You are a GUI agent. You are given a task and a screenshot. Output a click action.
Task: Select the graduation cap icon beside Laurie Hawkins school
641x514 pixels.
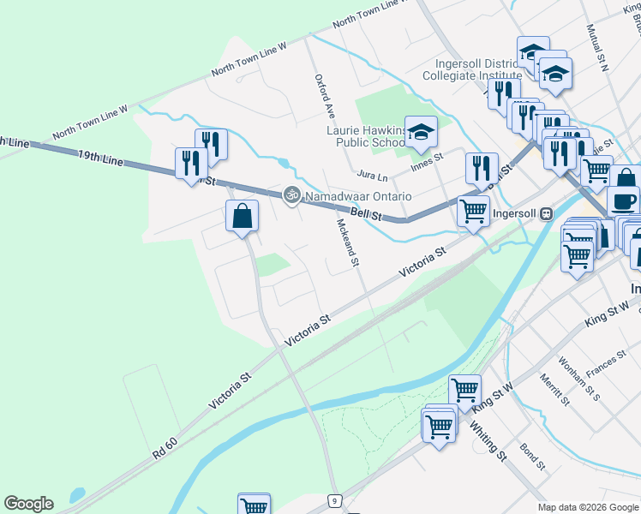(x=421, y=132)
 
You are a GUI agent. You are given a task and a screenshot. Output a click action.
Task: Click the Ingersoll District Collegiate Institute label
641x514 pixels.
(x=464, y=69)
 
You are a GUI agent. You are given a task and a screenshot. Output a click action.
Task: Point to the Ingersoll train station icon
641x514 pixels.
(x=546, y=212)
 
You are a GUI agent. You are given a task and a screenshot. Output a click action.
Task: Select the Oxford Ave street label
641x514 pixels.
(x=324, y=95)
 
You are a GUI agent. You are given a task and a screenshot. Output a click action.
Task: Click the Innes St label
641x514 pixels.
(x=426, y=160)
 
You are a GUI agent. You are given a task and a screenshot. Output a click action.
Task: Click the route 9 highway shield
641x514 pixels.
(x=335, y=499)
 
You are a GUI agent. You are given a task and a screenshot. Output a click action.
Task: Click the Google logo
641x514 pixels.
(x=28, y=504)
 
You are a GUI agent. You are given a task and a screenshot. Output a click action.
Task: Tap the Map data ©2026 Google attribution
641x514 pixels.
(x=587, y=507)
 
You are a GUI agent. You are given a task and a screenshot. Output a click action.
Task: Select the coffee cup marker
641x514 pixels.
(x=623, y=201)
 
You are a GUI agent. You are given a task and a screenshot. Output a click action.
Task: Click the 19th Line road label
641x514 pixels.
(x=100, y=156)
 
